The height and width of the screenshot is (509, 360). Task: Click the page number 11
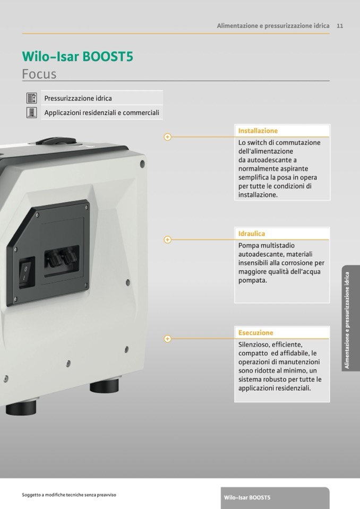340,26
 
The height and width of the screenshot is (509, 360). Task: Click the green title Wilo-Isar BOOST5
78,56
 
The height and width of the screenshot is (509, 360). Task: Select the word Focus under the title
39,74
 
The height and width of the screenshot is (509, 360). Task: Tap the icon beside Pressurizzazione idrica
31,98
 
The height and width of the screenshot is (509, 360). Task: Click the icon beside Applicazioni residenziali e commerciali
31,113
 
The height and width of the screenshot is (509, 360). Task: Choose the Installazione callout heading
258,131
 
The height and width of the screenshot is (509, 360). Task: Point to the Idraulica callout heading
252,234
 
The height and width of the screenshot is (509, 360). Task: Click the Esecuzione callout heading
256,333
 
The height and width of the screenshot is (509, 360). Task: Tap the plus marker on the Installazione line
167,137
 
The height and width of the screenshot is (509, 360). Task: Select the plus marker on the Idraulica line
167,239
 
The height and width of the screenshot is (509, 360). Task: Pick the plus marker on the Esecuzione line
167,339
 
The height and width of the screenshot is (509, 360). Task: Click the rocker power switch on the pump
27,273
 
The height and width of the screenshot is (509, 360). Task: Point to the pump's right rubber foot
104,386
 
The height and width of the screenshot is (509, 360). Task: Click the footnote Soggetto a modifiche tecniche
69,495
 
